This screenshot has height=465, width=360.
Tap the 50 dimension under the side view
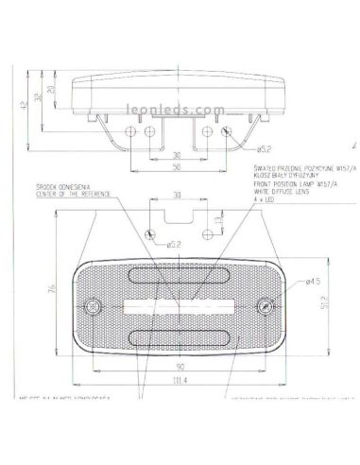pyautogui.click(x=177, y=166)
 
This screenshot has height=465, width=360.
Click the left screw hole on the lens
pyautogui.click(x=93, y=307)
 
